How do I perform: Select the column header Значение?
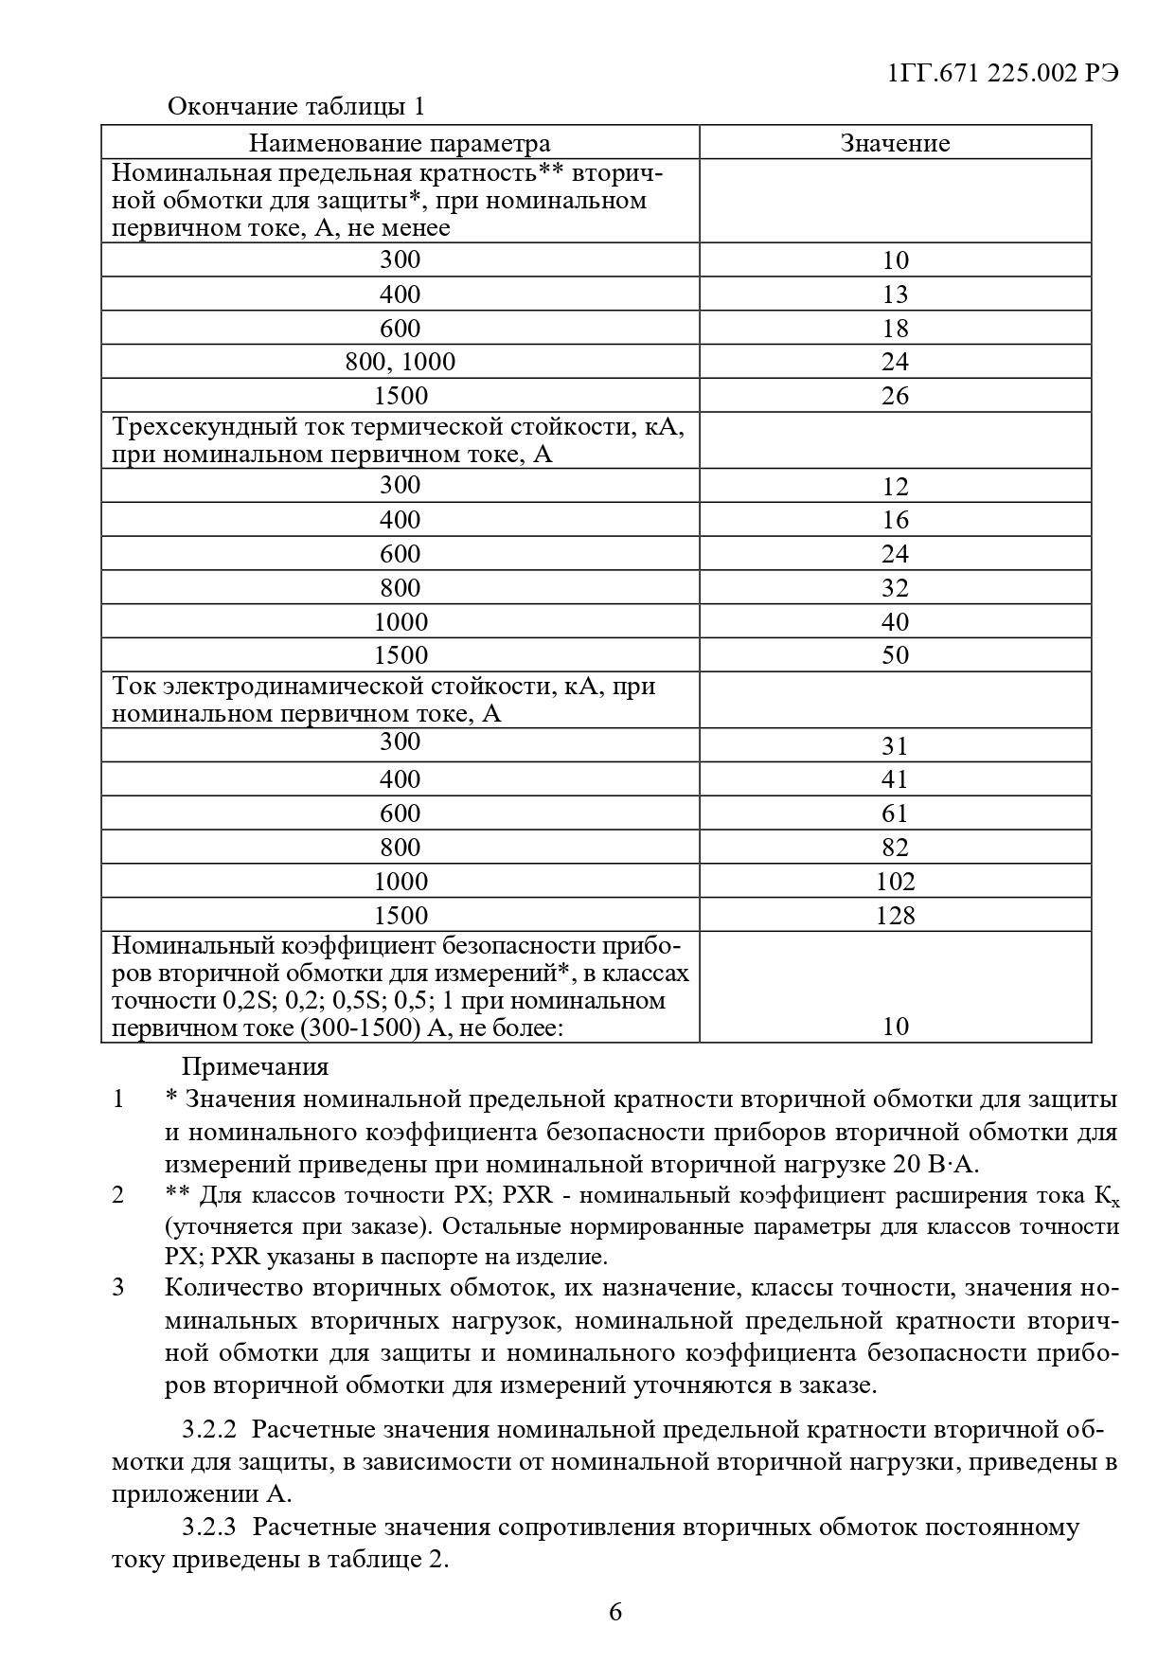[x=895, y=143]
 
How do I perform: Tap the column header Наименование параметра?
[x=400, y=143]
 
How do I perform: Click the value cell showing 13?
[x=895, y=295]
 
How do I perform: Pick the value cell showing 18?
[x=895, y=329]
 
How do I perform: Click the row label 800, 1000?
[x=400, y=362]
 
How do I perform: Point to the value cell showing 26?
[x=895, y=396]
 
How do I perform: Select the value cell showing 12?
[x=895, y=487]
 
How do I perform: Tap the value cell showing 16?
[x=895, y=520]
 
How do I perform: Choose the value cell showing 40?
[x=895, y=622]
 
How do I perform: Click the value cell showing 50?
[x=895, y=655]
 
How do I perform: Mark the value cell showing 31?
[x=895, y=746]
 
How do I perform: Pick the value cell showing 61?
[x=895, y=813]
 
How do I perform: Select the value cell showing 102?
[x=895, y=882]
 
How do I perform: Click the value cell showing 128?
[x=895, y=916]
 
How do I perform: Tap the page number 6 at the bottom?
[x=615, y=1612]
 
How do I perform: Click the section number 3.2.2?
[x=208, y=1429]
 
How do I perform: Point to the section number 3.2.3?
[x=208, y=1528]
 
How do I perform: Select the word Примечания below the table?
[x=255, y=1067]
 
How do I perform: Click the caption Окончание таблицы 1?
[x=295, y=106]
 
